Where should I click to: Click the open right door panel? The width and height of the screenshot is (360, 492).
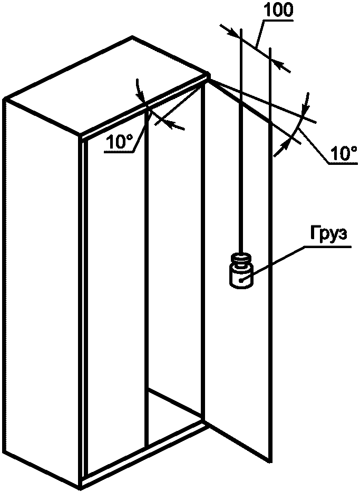click(237, 342)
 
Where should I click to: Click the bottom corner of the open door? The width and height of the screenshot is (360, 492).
click(270, 460)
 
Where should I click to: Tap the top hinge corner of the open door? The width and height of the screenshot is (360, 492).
click(209, 77)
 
